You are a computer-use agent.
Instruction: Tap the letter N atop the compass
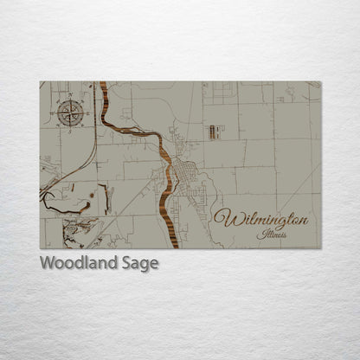70,100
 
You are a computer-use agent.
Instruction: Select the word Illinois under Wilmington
273,234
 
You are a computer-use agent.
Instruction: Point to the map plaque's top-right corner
320,82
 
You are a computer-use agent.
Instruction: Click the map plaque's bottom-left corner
41,248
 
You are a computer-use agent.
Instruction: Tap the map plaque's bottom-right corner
320,248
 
